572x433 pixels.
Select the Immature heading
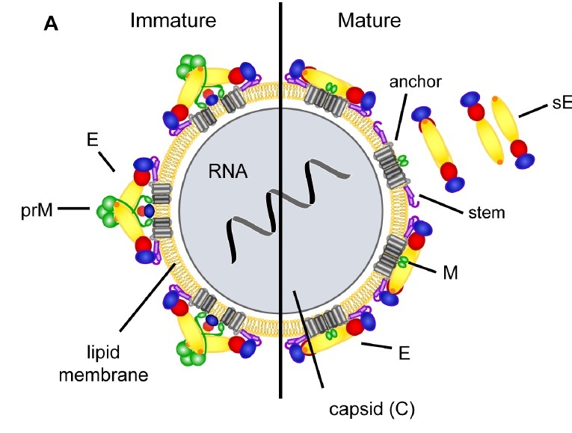173,20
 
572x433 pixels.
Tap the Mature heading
369,20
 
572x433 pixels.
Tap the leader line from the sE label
530,111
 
